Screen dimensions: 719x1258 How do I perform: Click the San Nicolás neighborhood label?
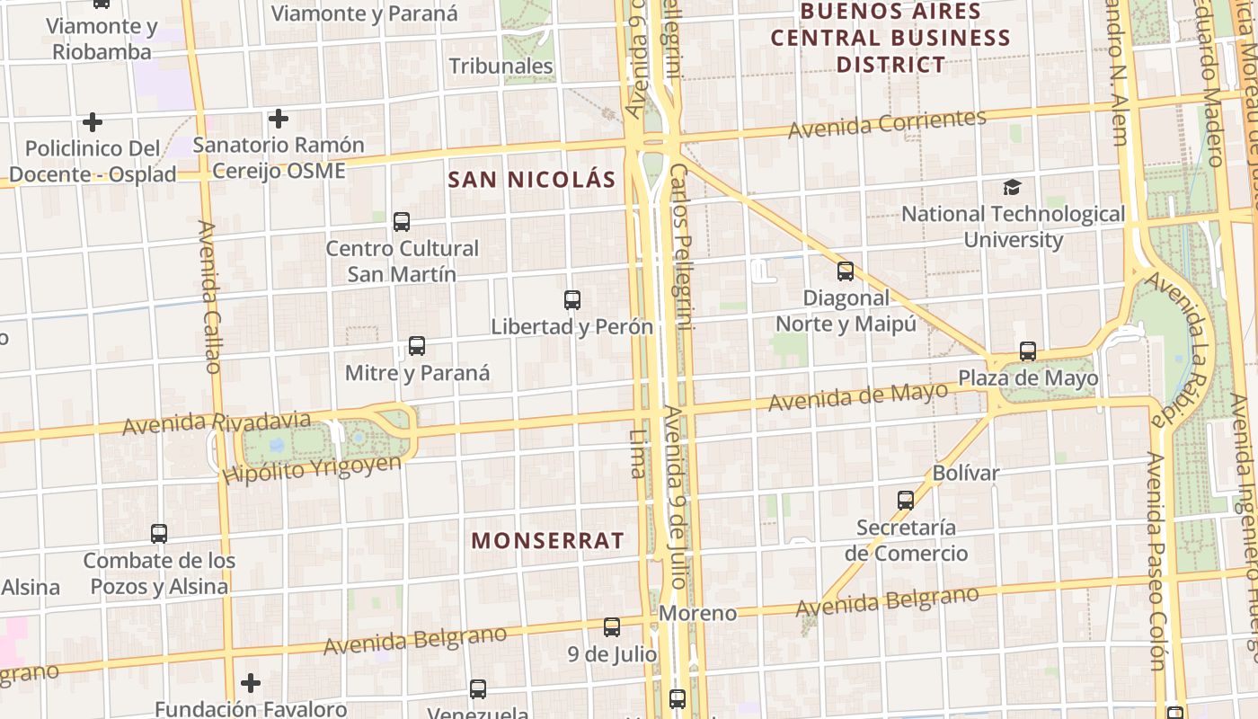[x=532, y=180]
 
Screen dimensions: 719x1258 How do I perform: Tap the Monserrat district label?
[x=547, y=540]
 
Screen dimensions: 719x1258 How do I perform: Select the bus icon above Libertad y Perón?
[x=572, y=300]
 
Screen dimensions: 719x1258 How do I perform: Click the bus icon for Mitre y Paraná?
[x=417, y=346]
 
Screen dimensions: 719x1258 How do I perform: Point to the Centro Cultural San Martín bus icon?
[x=402, y=221]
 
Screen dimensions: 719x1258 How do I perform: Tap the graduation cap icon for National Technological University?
[x=1013, y=187]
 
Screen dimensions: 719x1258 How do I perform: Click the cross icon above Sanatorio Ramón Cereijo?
[x=279, y=118]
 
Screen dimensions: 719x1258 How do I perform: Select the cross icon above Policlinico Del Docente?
[x=92, y=121]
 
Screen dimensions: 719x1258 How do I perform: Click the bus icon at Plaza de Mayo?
[x=1028, y=351]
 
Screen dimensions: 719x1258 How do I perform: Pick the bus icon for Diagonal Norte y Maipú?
[x=846, y=271]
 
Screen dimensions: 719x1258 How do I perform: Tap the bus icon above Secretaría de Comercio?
[x=906, y=501]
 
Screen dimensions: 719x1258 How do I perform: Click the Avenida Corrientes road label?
[x=887, y=123]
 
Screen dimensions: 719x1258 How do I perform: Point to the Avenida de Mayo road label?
[x=857, y=396]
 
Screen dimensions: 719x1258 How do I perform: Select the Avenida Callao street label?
[x=209, y=297]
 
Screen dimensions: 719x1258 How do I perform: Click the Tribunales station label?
[x=501, y=67]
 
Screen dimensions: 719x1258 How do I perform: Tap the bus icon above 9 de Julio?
[x=612, y=627]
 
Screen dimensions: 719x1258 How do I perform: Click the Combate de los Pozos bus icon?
[x=159, y=534]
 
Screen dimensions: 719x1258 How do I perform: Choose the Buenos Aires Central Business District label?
[x=890, y=38]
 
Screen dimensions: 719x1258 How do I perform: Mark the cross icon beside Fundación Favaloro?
[x=251, y=683]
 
